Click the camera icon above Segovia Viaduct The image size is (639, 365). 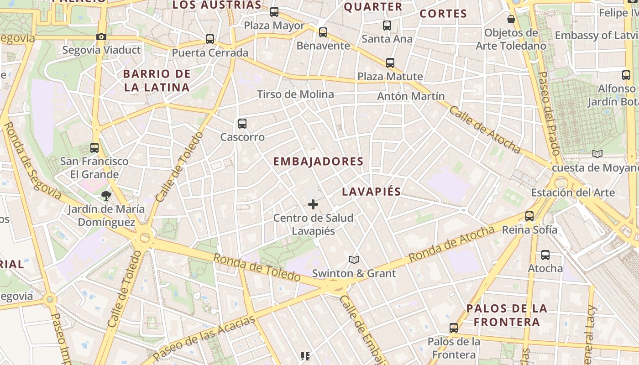101,36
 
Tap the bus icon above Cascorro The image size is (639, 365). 242,123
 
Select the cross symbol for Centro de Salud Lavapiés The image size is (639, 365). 313,204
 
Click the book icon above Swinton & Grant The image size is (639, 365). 354,260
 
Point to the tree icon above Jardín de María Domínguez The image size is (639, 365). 106,196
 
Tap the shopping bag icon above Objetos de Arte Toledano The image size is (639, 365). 511,19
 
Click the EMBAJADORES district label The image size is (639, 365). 318,162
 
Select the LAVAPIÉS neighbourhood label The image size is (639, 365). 371,192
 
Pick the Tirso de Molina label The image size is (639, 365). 295,94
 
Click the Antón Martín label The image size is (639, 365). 411,96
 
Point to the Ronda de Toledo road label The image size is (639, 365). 257,267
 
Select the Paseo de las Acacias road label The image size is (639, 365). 204,338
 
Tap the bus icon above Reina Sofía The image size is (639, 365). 529,216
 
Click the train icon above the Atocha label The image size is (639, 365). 545,255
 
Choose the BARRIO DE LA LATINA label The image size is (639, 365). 157,80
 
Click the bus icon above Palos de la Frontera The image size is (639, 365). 454,328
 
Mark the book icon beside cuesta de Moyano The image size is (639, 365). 597,154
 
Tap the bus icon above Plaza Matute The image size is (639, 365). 390,63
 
